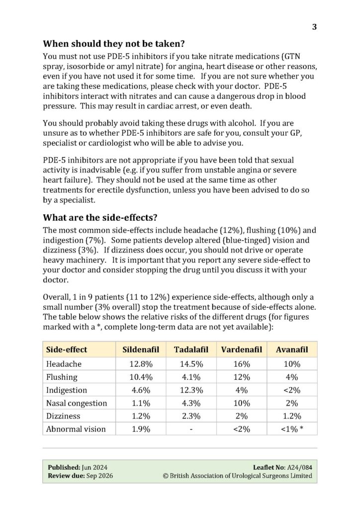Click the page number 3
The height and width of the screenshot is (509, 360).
click(314, 27)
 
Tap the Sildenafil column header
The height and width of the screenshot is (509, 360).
click(141, 349)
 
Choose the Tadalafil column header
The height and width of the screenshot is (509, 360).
click(191, 349)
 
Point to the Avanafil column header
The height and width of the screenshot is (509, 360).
click(292, 349)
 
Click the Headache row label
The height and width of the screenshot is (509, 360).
click(64, 364)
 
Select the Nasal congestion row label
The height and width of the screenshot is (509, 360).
click(77, 403)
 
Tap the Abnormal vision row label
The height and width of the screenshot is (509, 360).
click(76, 428)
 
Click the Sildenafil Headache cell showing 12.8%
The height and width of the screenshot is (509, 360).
click(141, 364)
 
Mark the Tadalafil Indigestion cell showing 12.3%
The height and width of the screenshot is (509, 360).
click(191, 390)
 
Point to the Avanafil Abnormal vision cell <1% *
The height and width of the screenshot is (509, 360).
click(292, 428)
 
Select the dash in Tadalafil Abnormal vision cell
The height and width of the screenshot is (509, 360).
click(191, 428)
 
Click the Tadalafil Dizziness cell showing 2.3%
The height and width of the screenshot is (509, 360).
click(191, 416)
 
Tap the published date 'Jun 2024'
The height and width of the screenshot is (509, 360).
click(95, 467)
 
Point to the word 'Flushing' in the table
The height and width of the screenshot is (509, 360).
click(62, 377)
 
